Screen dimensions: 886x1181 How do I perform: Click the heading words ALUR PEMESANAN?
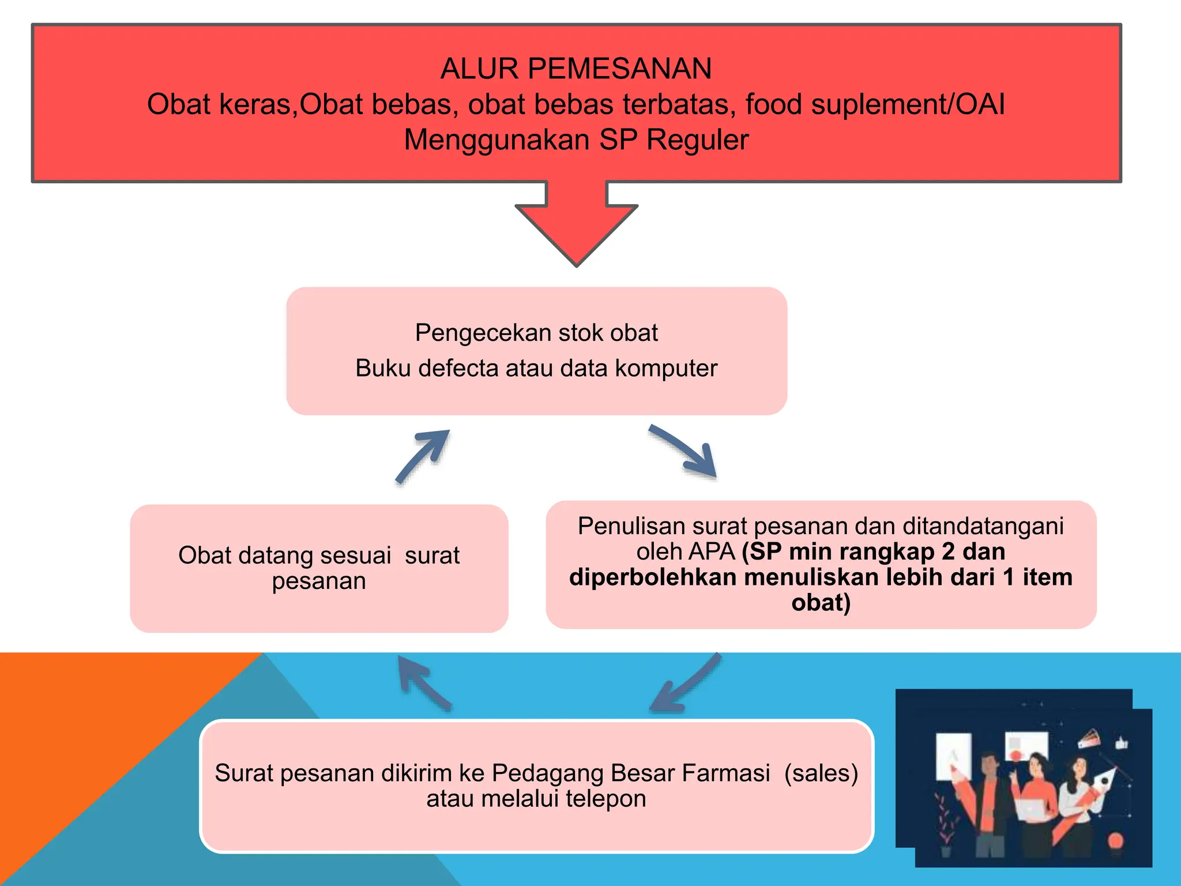click(576, 69)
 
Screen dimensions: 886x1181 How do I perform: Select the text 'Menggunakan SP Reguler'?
click(576, 140)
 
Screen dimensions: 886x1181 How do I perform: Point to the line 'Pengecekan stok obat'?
click(536, 333)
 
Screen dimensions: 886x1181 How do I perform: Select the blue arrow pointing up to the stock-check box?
click(423, 456)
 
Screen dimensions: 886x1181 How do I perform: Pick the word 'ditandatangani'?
click(983, 526)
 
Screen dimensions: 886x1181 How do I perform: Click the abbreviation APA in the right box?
click(714, 552)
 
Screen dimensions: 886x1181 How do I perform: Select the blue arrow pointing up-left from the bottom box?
click(424, 683)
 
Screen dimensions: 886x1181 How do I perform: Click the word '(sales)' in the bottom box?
click(821, 773)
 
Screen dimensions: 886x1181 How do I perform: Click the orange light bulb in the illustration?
click(1115, 840)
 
